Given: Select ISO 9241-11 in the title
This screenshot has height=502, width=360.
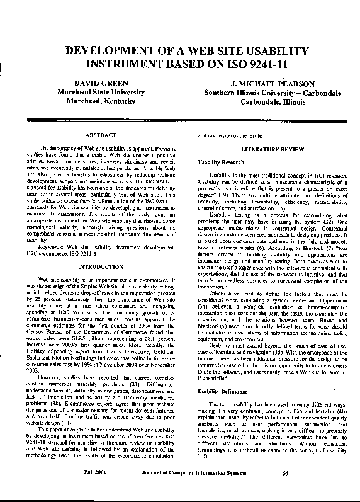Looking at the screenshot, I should point(250,64).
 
